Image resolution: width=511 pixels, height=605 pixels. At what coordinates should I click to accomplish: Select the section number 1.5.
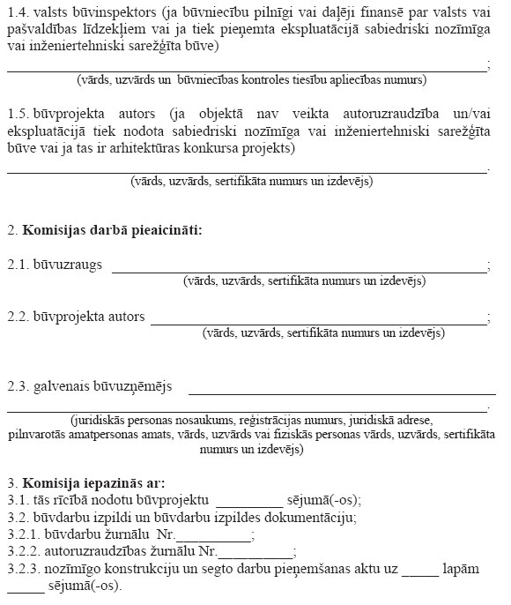pos(19,115)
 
